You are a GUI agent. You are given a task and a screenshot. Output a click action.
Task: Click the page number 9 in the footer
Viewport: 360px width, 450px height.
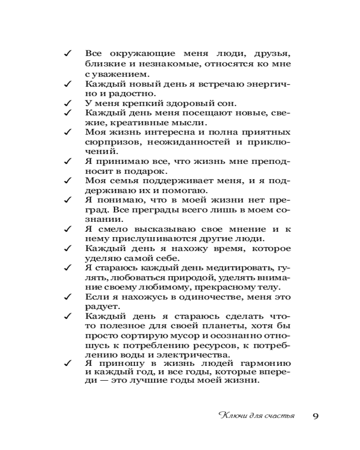pos(315,415)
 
